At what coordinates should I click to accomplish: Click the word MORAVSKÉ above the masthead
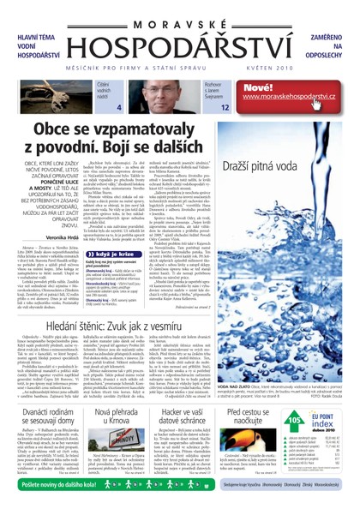pos(179,11)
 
